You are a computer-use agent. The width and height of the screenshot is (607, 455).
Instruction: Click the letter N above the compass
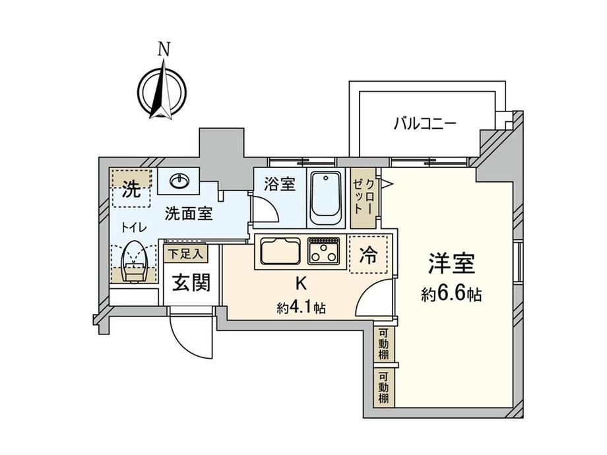164,49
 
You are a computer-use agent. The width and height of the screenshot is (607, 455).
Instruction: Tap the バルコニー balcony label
425,124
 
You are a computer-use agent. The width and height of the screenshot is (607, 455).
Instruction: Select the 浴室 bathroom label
280,184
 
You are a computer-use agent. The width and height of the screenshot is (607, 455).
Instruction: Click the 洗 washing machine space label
131,190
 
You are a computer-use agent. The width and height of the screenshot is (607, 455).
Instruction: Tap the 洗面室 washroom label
189,213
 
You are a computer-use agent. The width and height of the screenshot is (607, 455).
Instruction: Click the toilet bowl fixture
133,262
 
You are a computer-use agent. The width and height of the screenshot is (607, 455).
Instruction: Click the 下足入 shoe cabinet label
185,254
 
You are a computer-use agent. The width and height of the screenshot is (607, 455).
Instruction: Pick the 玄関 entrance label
191,282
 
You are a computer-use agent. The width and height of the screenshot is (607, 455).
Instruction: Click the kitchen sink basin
280,251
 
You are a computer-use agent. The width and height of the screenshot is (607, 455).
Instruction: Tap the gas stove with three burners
324,251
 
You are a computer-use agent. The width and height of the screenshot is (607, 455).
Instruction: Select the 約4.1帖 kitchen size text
301,308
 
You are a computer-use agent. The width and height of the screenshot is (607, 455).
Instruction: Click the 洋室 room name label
451,264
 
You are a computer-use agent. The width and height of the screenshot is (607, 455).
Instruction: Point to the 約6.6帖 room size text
451,295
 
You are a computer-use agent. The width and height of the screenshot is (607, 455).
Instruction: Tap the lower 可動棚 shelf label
383,387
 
